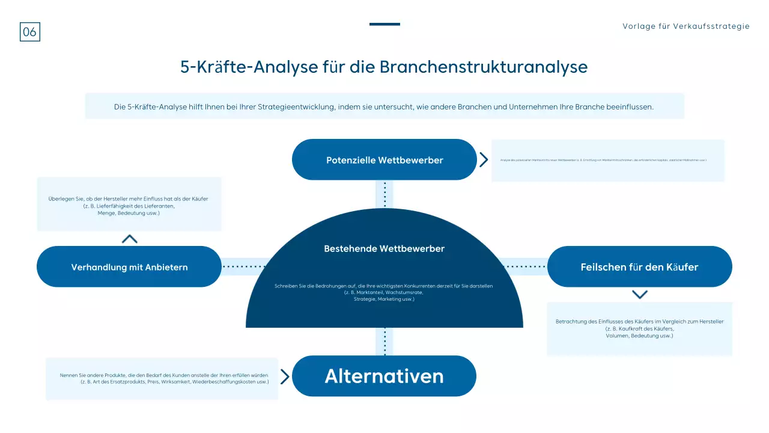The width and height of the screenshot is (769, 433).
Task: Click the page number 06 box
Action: tap(30, 32)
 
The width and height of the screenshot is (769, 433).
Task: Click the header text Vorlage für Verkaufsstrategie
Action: tap(686, 26)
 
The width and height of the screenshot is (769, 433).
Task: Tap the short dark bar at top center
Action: tap(384, 24)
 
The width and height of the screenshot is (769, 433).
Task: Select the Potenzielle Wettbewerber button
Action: tap(384, 160)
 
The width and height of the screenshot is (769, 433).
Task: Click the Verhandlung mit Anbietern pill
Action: tap(129, 267)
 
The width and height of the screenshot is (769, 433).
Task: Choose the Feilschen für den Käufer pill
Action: tap(639, 267)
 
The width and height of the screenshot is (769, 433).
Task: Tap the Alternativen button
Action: tap(384, 376)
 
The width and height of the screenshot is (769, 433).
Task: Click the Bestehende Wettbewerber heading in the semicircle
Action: tap(384, 248)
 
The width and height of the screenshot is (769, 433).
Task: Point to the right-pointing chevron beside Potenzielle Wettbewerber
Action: tap(484, 159)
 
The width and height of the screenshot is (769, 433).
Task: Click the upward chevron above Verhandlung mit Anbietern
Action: tap(129, 239)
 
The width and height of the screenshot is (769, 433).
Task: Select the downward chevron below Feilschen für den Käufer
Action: tap(640, 295)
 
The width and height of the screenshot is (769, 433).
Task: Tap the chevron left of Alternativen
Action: tap(285, 377)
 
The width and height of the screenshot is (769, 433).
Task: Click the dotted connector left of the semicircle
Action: tap(243, 266)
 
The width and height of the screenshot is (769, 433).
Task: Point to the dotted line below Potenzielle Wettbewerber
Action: tap(384, 194)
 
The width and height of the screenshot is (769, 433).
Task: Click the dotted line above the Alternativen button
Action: tap(384, 341)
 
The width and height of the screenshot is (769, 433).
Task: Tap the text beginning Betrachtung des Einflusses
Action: tap(639, 328)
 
